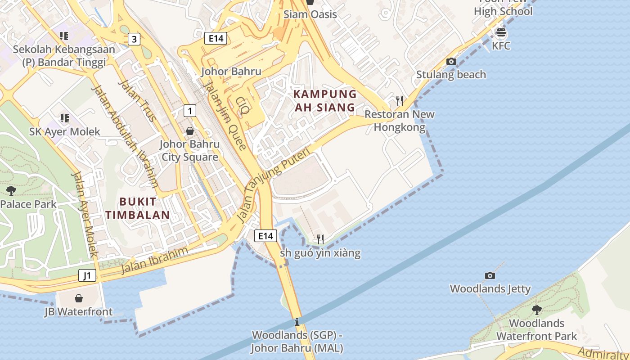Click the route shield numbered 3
click(134, 39)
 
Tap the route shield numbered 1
click(190, 110)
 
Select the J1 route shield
click(87, 275)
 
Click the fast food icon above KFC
click(501, 32)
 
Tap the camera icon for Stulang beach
click(451, 62)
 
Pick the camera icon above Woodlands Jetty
click(490, 275)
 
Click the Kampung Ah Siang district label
click(325, 101)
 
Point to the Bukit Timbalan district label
click(138, 208)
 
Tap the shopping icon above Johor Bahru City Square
click(190, 131)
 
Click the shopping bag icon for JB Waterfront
click(79, 298)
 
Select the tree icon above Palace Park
click(11, 191)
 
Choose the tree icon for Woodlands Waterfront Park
click(536, 310)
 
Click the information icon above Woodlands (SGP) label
click(297, 322)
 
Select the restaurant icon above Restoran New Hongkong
click(399, 100)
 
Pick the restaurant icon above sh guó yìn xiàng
click(320, 239)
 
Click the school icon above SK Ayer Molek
click(64, 118)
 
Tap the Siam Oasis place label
click(310, 14)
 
